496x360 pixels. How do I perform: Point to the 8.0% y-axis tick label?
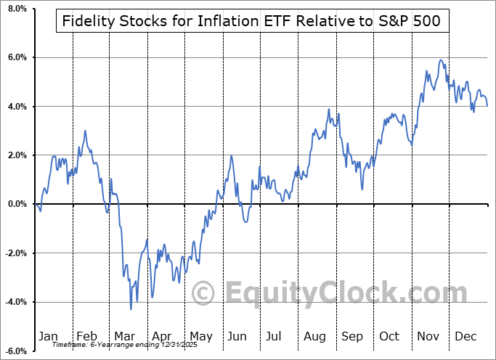(x=16, y=9)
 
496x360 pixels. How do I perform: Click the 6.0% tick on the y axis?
(x=16, y=57)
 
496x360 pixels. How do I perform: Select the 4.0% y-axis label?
(x=16, y=107)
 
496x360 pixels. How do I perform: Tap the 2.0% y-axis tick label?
(x=16, y=155)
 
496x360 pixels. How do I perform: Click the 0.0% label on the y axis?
(x=16, y=204)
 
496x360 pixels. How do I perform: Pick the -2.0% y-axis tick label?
(x=15, y=253)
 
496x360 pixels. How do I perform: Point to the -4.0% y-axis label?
(x=15, y=302)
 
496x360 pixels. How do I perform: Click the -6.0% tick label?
(x=15, y=351)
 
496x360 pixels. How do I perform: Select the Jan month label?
(x=47, y=336)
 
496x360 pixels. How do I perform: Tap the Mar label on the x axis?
(x=124, y=336)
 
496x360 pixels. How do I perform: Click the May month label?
(x=200, y=336)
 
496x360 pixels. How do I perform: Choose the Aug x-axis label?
(x=314, y=336)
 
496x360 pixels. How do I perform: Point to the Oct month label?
(x=390, y=336)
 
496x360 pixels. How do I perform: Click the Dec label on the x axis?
(x=465, y=336)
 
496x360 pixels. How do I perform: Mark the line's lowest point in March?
(x=131, y=309)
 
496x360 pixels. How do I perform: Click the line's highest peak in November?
(x=440, y=60)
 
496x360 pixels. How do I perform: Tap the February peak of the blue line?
(x=85, y=131)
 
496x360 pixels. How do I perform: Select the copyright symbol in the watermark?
(x=203, y=294)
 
